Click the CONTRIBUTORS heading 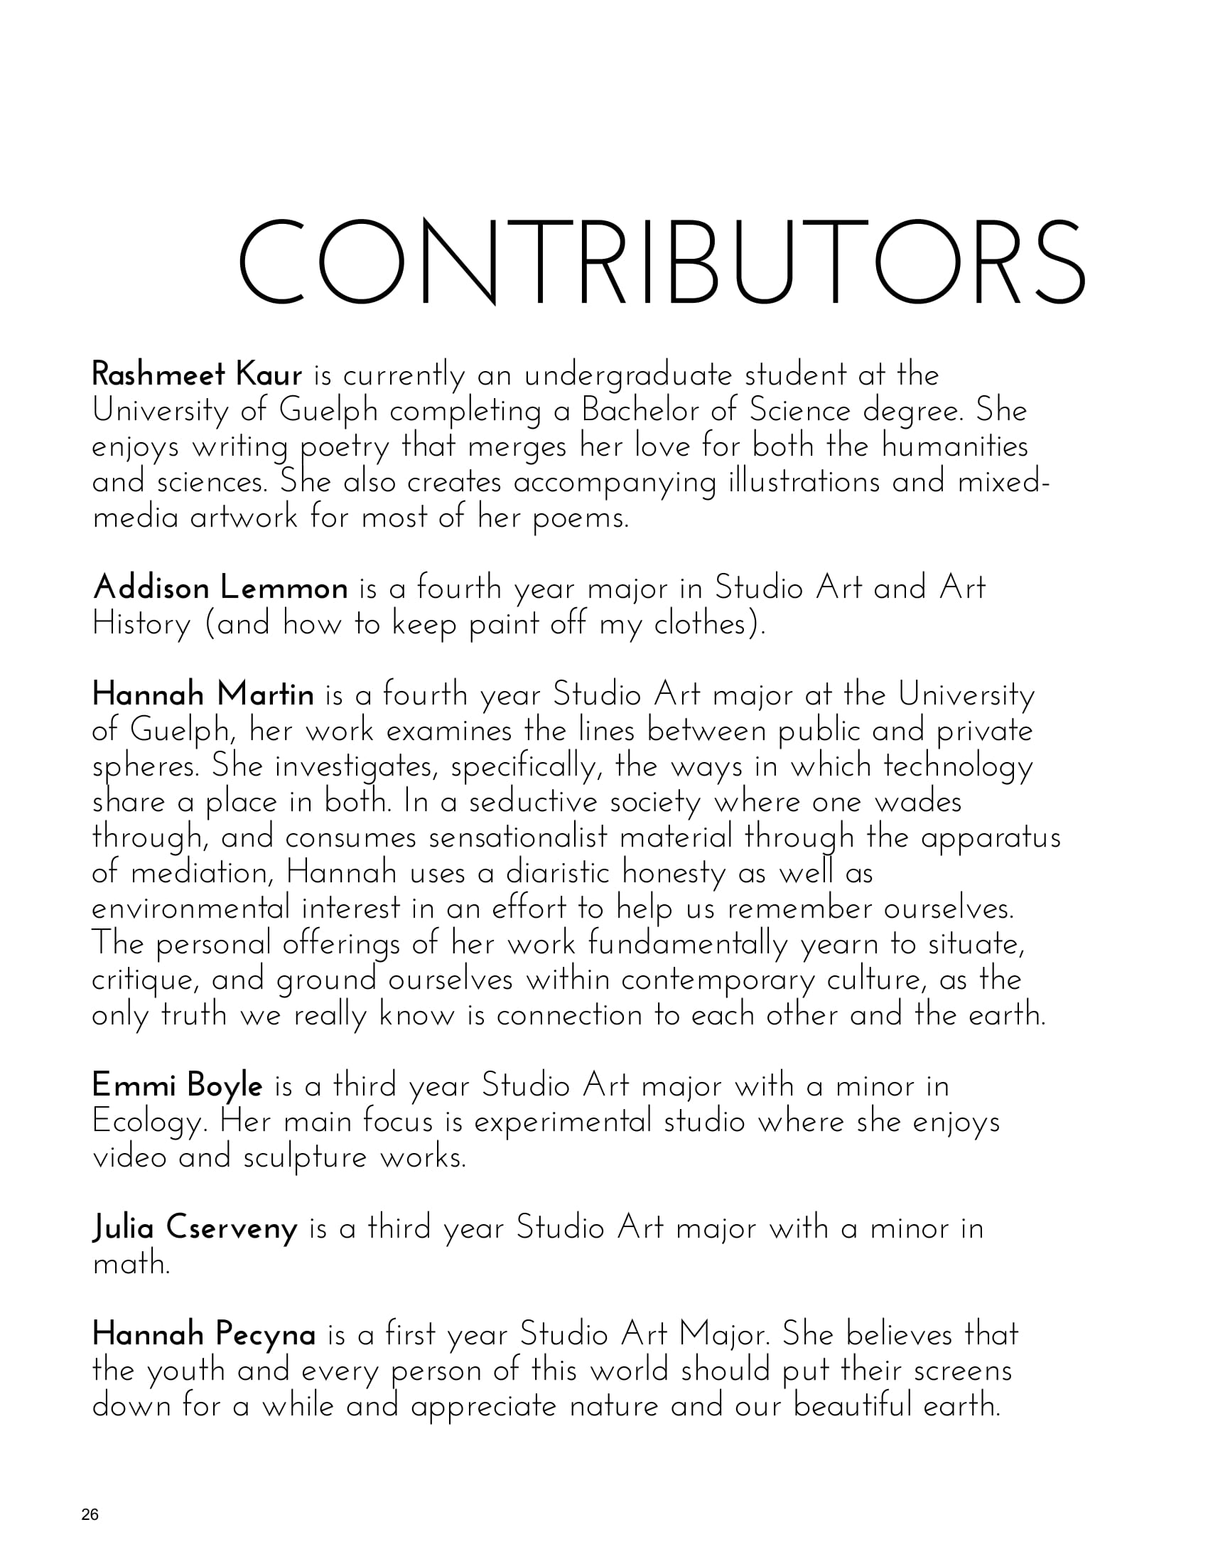(x=662, y=262)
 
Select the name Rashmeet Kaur (x=198, y=375)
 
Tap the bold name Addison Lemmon (x=220, y=588)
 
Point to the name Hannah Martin (x=203, y=695)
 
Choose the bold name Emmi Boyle (x=178, y=1086)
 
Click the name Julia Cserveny (x=195, y=1228)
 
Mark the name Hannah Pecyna (x=204, y=1335)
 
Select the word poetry (x=344, y=447)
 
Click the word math (x=131, y=1264)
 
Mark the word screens (x=964, y=1371)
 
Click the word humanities (x=954, y=446)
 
